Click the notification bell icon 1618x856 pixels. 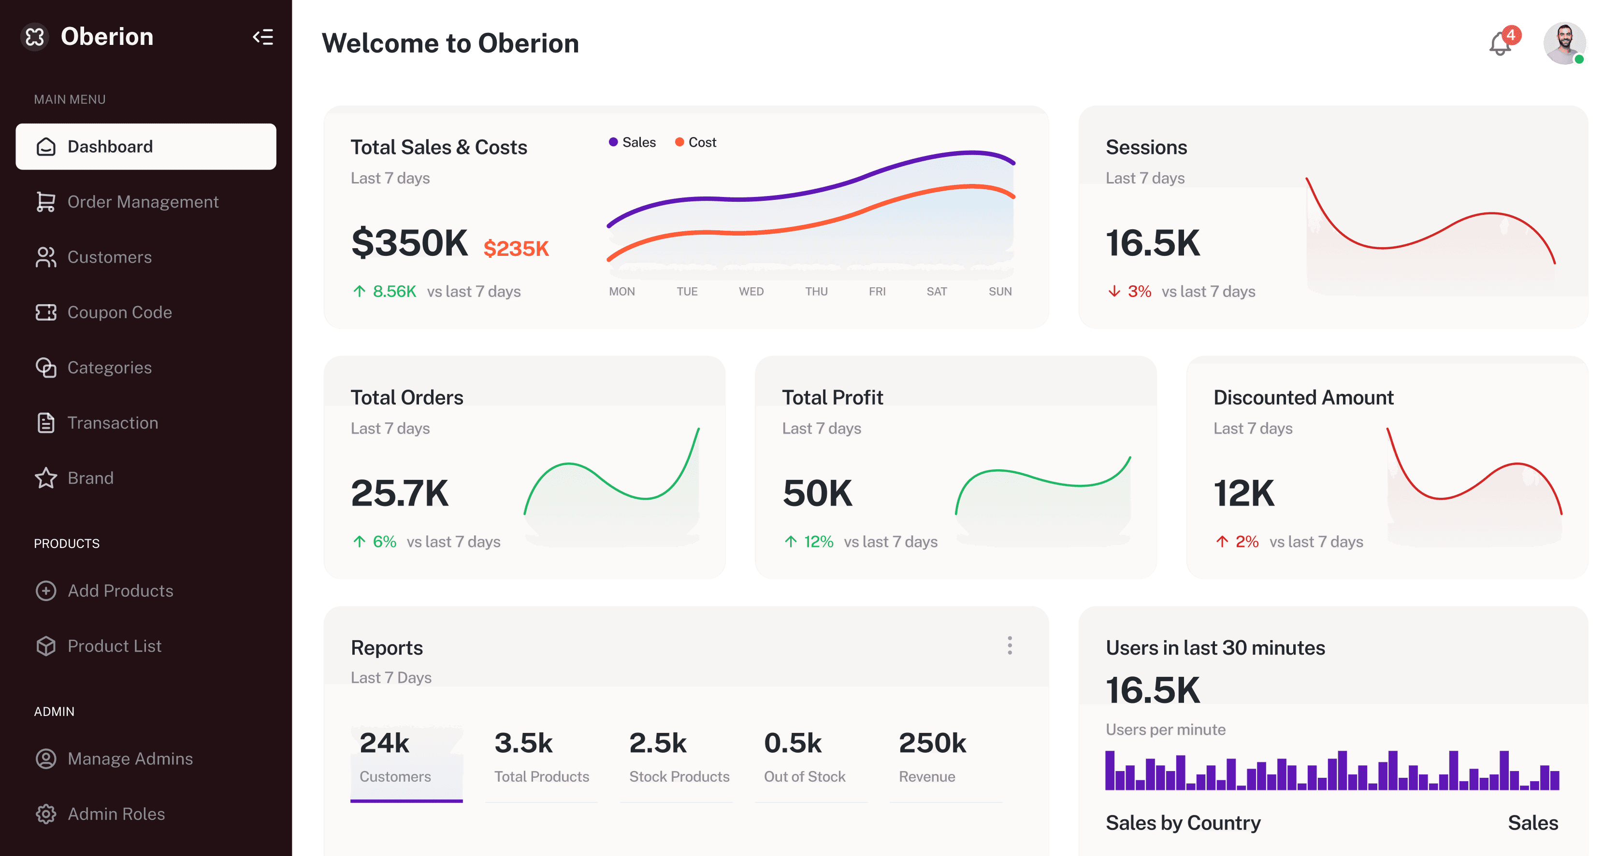1500,43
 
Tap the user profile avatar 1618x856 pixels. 1564,42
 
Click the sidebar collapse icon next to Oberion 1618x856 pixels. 262,37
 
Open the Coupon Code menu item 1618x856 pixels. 119,312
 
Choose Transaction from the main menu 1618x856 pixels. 113,422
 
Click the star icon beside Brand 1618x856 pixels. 46,477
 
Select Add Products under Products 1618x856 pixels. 120,590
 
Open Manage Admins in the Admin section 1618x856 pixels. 130,759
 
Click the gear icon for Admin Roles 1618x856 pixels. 46,814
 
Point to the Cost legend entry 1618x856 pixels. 695,142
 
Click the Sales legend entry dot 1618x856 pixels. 613,142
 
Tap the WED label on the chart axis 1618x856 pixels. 751,291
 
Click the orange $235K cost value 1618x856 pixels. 516,249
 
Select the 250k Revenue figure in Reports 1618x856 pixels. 932,743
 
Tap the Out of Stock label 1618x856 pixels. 805,776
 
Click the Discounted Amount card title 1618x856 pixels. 1303,397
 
